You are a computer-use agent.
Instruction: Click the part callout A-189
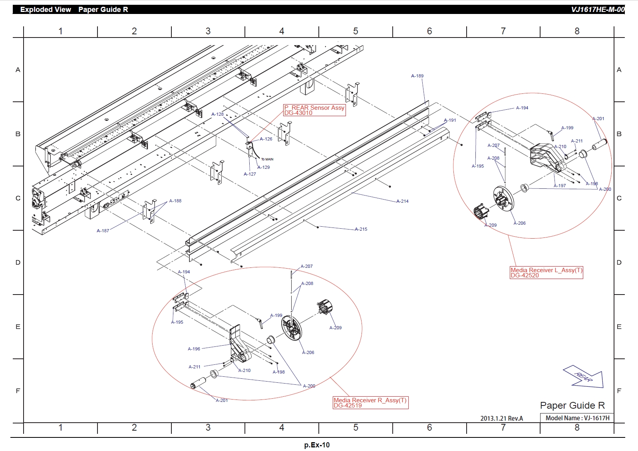point(417,76)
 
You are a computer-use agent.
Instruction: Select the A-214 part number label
point(402,201)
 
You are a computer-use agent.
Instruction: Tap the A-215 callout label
point(361,229)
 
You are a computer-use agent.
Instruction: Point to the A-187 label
point(103,231)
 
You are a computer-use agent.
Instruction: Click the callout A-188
point(175,201)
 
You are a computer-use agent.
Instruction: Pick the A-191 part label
point(450,120)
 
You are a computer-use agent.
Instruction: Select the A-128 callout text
point(217,114)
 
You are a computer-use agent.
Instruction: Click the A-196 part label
point(194,349)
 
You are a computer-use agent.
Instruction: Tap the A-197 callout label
point(560,186)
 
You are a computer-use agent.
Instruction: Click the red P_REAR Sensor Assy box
point(314,110)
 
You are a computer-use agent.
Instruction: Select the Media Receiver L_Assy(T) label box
point(546,273)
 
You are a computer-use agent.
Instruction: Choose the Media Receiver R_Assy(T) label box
point(370,403)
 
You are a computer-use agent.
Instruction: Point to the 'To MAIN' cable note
point(267,159)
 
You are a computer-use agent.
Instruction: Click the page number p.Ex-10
point(317,445)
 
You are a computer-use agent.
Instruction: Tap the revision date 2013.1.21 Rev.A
point(501,418)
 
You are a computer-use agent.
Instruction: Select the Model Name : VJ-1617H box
point(577,418)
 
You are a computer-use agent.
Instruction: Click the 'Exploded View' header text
point(46,10)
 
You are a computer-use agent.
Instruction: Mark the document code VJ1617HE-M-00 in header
point(597,10)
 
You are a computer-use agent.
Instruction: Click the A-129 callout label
point(264,167)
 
